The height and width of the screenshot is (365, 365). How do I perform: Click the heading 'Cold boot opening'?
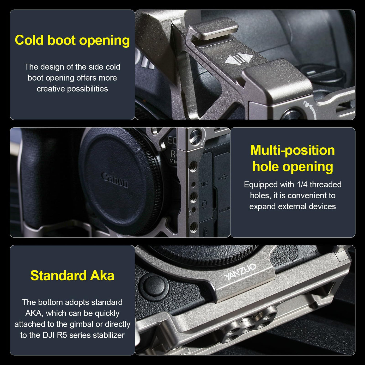pos(72,40)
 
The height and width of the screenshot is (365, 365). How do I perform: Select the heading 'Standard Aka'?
pos(72,275)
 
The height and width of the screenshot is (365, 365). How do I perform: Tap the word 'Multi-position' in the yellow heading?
pos(293,150)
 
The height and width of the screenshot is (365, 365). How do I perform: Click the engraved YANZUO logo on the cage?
pos(240,271)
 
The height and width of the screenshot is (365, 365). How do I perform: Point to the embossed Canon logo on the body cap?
pos(115,180)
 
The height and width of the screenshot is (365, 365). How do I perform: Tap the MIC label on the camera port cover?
pos(204,184)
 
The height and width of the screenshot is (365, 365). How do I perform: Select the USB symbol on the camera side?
pos(223,178)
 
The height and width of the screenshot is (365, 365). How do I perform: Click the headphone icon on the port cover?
pos(204,204)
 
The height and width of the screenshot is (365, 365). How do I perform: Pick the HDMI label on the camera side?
pos(224,210)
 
